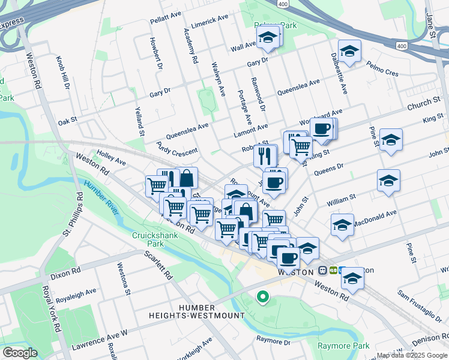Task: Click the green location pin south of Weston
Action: coord(262,296)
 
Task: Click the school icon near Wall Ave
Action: coord(267,37)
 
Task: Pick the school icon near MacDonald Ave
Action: coord(342,225)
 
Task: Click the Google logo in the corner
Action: coord(20,353)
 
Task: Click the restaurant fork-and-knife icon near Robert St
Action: coord(265,156)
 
